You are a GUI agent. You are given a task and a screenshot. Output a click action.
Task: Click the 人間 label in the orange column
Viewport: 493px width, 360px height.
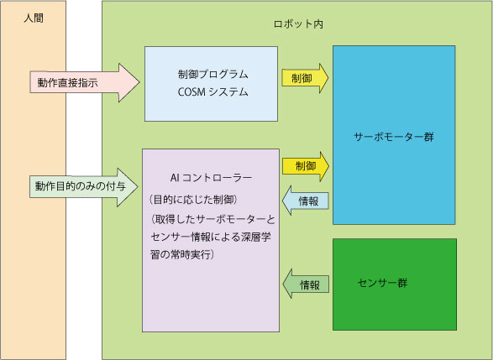click(x=34, y=18)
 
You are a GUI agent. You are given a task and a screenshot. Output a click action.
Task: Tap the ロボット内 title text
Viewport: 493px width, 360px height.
click(x=298, y=24)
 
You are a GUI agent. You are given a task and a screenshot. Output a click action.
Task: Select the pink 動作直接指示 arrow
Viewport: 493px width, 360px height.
click(x=85, y=82)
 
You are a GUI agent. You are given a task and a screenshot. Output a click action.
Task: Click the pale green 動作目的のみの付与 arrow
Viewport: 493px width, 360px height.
click(x=84, y=187)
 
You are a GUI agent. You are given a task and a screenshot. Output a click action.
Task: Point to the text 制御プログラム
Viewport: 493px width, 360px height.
click(x=212, y=75)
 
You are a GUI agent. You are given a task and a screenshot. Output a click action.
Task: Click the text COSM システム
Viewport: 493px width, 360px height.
click(x=212, y=92)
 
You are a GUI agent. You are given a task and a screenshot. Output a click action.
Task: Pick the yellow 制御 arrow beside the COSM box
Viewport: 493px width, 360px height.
click(x=305, y=78)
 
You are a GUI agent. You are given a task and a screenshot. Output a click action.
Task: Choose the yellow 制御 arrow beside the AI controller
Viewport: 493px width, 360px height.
click(x=306, y=166)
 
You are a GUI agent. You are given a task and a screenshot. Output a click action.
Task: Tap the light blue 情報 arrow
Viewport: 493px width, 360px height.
click(x=306, y=201)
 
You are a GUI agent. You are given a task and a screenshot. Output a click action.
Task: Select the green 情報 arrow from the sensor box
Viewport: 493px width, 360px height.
click(x=306, y=284)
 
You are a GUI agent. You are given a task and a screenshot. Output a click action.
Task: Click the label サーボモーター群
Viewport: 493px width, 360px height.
click(x=394, y=137)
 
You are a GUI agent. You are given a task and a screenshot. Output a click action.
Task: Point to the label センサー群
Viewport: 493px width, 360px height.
click(x=382, y=283)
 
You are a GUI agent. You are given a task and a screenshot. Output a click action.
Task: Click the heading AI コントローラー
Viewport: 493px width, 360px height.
click(x=211, y=178)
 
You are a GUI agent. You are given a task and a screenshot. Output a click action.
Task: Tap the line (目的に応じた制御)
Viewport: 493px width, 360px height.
click(x=192, y=200)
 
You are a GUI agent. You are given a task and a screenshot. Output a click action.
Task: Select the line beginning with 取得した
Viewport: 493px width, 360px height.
click(x=212, y=219)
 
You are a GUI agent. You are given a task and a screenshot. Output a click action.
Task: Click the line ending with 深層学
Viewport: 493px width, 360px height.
click(x=211, y=237)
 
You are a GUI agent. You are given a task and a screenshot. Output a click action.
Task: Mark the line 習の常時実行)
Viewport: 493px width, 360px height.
click(x=182, y=254)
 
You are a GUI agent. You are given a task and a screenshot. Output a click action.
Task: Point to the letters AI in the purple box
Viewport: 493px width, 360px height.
click(x=175, y=178)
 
